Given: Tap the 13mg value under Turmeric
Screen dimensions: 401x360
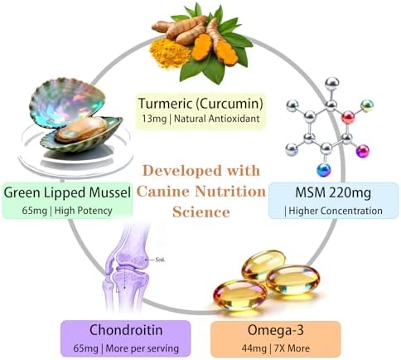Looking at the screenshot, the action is pyautogui.click(x=154, y=119).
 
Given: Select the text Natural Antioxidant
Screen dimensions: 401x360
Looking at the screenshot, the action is pyautogui.click(x=217, y=119).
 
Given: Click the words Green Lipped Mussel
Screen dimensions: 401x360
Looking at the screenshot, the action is pyautogui.click(x=67, y=192).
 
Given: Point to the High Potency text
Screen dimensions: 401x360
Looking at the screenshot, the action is pyautogui.click(x=84, y=211).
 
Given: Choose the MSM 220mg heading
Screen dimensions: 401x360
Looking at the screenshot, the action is pyautogui.click(x=333, y=192).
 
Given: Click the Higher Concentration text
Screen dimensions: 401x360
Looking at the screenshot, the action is pyautogui.click(x=336, y=211).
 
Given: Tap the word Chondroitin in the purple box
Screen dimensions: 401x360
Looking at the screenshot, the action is pyautogui.click(x=126, y=330).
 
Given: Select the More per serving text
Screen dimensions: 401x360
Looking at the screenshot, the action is pyautogui.click(x=143, y=348).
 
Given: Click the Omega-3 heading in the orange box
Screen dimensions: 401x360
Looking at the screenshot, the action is pyautogui.click(x=276, y=330).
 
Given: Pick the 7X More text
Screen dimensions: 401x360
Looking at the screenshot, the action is pyautogui.click(x=292, y=348).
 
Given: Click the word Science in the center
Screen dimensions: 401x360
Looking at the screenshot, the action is pyautogui.click(x=201, y=212).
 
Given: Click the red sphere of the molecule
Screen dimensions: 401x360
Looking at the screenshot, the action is pyautogui.click(x=348, y=118).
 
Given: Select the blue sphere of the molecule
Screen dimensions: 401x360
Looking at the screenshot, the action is pyautogui.click(x=324, y=170).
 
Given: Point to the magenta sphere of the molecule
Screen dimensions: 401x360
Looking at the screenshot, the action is pyautogui.click(x=363, y=151).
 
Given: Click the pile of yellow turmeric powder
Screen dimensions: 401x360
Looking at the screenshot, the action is pyautogui.click(x=169, y=54).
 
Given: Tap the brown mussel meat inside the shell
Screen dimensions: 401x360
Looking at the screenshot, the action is pyautogui.click(x=81, y=129).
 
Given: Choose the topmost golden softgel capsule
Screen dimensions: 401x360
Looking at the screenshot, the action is pyautogui.click(x=263, y=265).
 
